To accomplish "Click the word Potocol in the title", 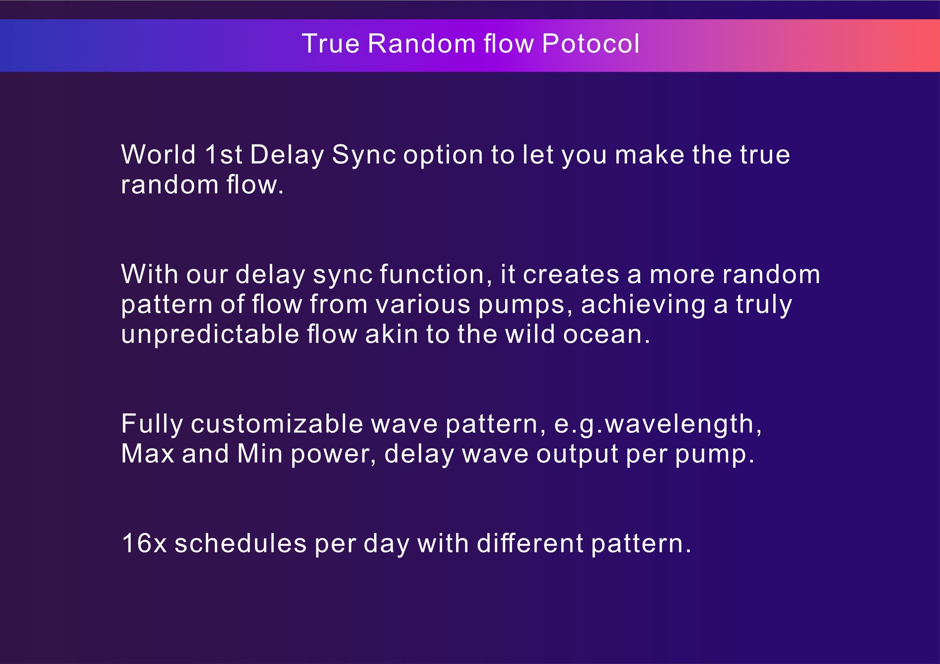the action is (591, 43).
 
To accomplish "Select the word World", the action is (158, 154).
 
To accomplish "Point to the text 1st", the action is (224, 154).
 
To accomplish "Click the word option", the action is (443, 156).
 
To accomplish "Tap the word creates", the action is (571, 275).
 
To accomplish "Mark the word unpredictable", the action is (210, 335).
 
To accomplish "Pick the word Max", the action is (148, 454).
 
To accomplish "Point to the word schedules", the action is (241, 543).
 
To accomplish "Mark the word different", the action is (530, 543).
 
